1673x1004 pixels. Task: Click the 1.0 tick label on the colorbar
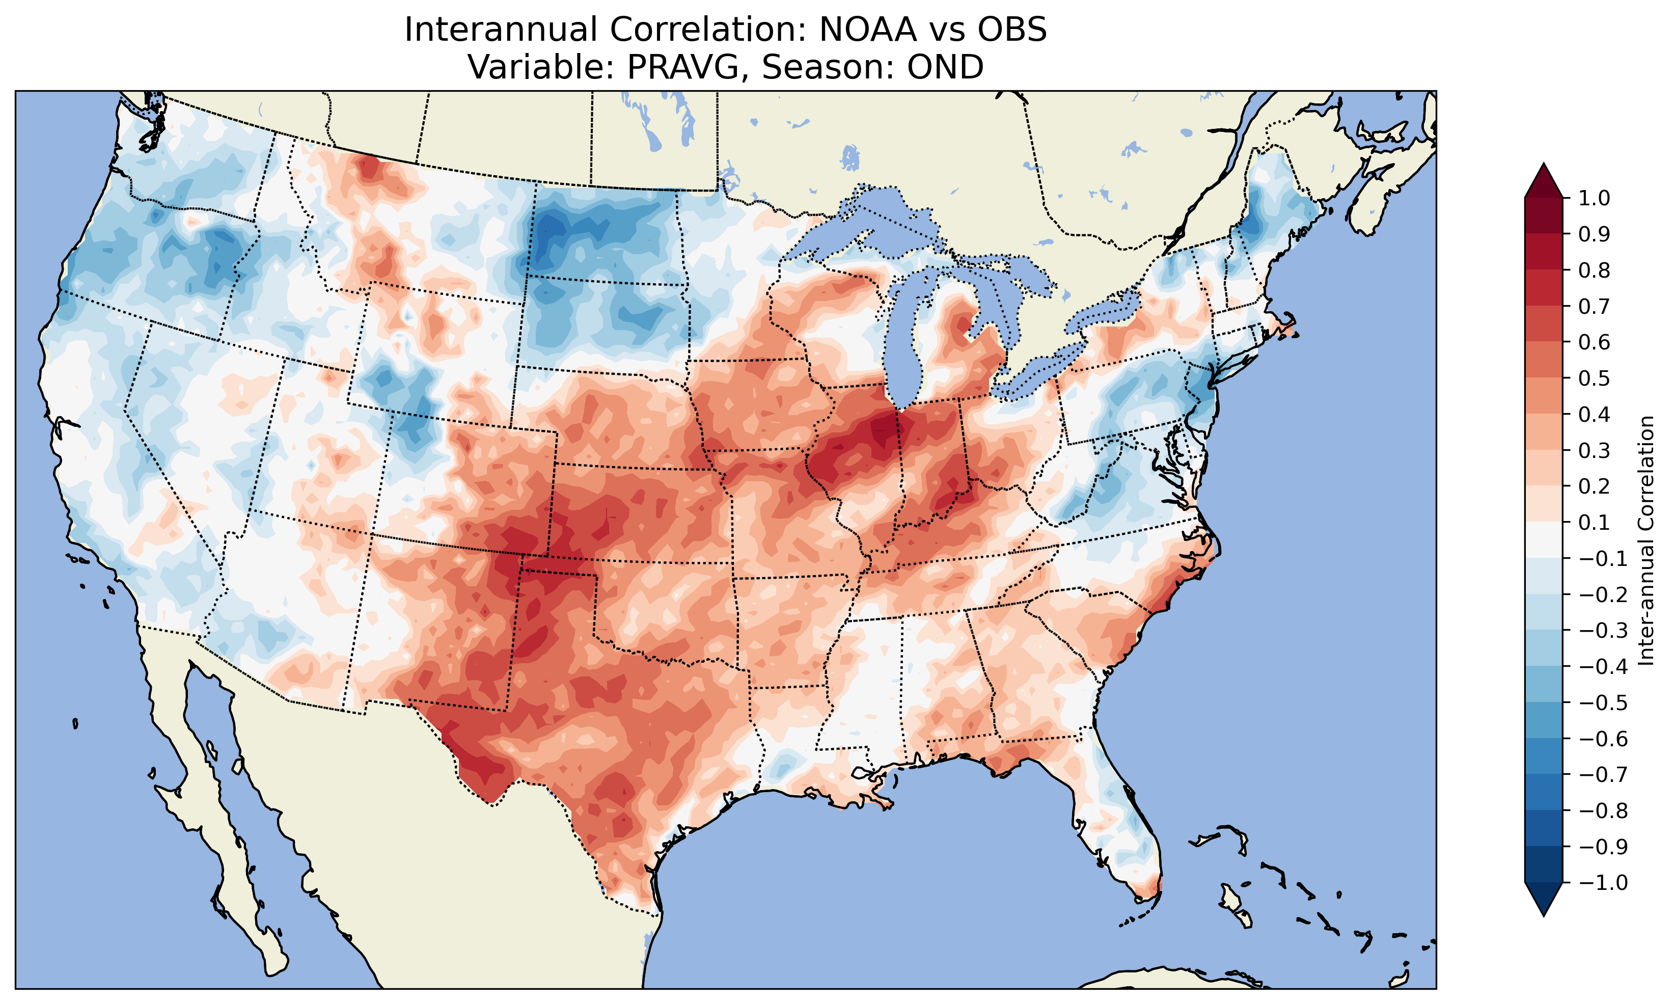coord(1594,198)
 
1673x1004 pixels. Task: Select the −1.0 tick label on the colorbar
coord(1603,883)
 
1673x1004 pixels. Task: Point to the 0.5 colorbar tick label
coord(1594,378)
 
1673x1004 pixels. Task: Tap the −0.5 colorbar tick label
coord(1603,703)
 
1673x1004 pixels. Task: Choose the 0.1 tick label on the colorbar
coord(1594,522)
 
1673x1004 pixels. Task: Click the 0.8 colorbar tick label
coord(1594,270)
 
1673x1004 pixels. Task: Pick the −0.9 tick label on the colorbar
coord(1603,847)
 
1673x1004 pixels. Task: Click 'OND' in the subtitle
coord(945,67)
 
